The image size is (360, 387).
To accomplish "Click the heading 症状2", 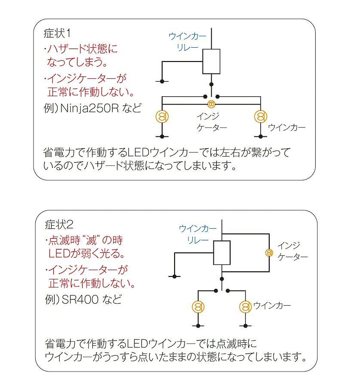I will pos(60,224).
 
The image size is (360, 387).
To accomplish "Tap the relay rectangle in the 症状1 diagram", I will pos(211,61).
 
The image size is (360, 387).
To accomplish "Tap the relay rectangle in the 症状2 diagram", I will pos(222,252).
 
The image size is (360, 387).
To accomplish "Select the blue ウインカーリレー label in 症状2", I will pos(197,234).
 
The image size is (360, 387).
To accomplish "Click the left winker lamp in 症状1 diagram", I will pos(162,116).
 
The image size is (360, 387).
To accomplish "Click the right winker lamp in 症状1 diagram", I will pos(260,116).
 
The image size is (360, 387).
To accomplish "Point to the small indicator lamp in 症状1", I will pos(211,104).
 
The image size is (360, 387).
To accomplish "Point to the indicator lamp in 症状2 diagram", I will pos(269,252).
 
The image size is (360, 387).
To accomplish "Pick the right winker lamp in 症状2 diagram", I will pos(245,307).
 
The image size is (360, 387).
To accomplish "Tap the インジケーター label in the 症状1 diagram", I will pos(211,122).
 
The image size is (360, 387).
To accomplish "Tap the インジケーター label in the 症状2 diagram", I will pos(292,251).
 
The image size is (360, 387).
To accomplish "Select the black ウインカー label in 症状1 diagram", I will pos(286,128).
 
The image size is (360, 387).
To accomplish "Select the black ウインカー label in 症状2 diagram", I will pos(272,306).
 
